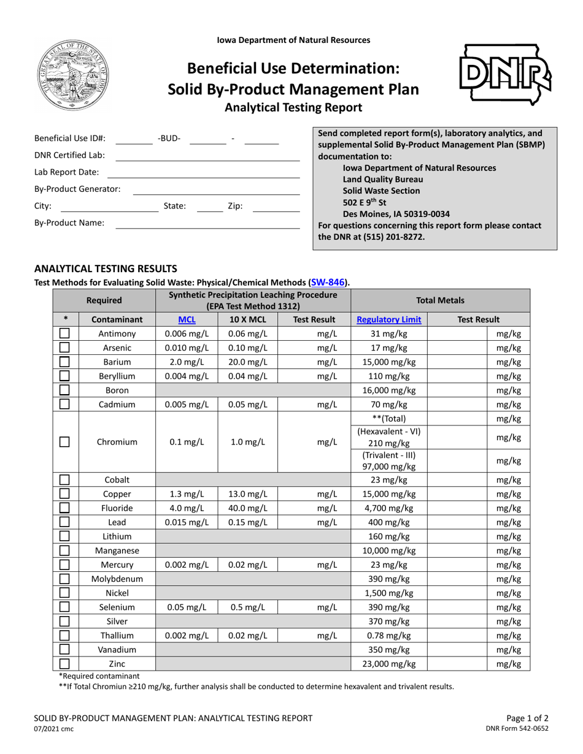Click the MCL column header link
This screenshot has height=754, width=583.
click(x=187, y=319)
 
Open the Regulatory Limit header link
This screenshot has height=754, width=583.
click(x=388, y=319)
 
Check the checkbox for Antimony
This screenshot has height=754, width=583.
click(x=64, y=333)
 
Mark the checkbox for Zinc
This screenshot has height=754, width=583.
click(x=64, y=663)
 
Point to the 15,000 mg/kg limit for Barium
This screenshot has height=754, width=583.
click(x=388, y=362)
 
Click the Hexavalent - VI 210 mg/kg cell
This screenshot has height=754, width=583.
click(x=388, y=438)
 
